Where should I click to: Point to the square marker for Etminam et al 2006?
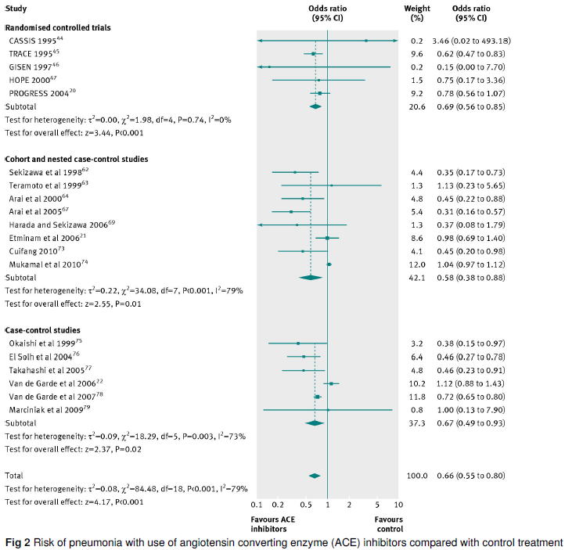pyautogui.click(x=327, y=238)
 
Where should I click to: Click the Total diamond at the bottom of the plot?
pyautogui.click(x=315, y=475)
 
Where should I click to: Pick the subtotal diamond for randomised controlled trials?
pyautogui.click(x=315, y=106)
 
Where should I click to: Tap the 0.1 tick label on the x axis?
pyautogui.click(x=257, y=505)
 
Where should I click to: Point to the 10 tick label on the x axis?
pyautogui.click(x=398, y=505)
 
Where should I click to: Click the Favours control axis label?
pyautogui.click(x=388, y=523)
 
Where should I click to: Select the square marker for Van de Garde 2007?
pyautogui.click(x=317, y=397)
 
